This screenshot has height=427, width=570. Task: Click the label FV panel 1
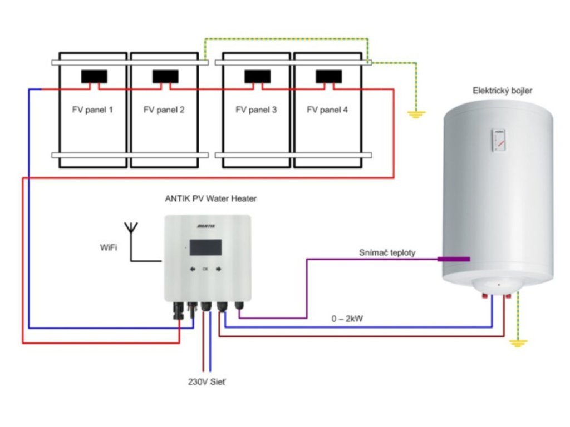[x=92, y=110]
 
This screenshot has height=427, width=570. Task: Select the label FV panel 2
[x=164, y=110]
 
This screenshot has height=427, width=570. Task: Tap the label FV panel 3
[x=256, y=110]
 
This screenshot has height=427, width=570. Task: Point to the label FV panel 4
[x=327, y=110]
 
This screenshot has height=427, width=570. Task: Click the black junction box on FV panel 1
[x=94, y=77]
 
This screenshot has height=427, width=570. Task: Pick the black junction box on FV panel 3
[x=257, y=77]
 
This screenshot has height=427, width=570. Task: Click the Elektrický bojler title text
[x=503, y=91]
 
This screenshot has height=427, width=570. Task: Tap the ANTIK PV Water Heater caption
[x=211, y=198]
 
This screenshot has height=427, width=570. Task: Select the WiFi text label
[x=109, y=247]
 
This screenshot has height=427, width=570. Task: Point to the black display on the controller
[x=206, y=247]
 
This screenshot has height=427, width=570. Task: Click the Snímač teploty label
[x=387, y=253]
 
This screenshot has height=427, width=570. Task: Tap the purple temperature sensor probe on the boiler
[x=454, y=259]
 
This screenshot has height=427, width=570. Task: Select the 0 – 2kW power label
[x=347, y=319]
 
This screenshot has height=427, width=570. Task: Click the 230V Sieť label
[x=207, y=382]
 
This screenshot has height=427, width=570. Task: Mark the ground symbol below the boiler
[x=518, y=343]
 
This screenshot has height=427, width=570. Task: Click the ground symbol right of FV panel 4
[x=416, y=115]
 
